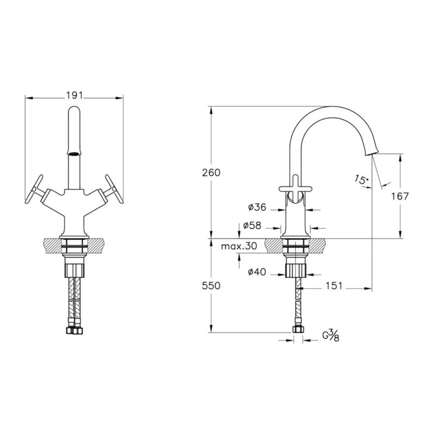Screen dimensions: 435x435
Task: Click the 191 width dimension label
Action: click(x=74, y=96)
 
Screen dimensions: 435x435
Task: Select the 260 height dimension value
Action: click(x=211, y=173)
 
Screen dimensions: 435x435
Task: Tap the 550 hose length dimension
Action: click(x=211, y=286)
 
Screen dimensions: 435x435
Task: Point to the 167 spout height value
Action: click(x=400, y=196)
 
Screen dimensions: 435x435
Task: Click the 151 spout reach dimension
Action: click(x=334, y=286)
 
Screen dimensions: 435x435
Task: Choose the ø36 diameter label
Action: click(x=257, y=207)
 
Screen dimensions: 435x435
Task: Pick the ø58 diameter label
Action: click(x=252, y=226)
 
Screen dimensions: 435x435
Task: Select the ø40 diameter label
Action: click(x=257, y=272)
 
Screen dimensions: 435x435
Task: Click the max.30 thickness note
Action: click(x=239, y=246)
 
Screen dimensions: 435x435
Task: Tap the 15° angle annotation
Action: click(x=361, y=180)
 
